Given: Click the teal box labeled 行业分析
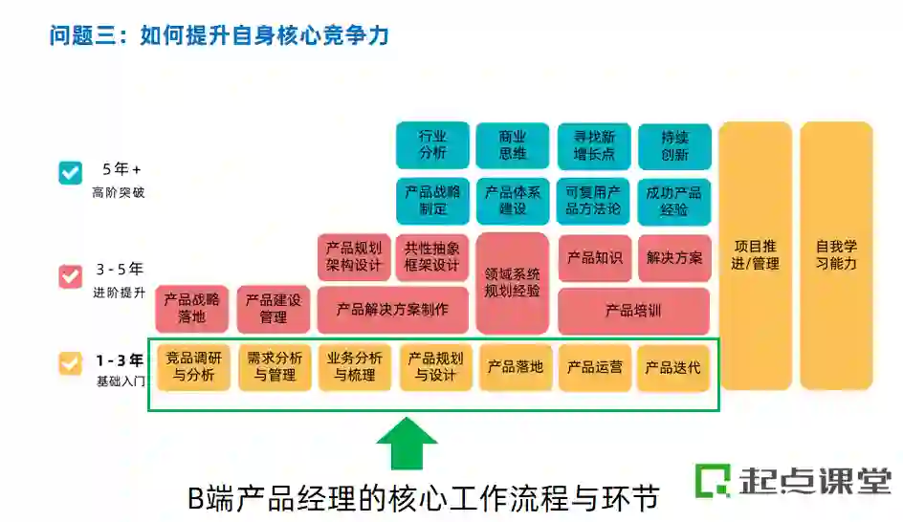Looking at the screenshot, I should click(432, 145).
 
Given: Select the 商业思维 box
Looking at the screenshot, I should click(513, 145).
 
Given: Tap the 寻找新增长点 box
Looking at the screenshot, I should click(594, 145).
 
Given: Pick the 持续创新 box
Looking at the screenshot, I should click(674, 145).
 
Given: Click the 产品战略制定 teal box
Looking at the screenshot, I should click(432, 200).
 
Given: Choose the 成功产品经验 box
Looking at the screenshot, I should click(674, 200).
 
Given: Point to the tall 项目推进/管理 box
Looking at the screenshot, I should click(756, 255).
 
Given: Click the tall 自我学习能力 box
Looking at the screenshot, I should click(836, 255).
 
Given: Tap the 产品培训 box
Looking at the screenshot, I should click(633, 311).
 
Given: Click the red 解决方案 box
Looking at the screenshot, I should click(674, 258).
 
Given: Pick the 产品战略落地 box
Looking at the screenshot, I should click(192, 308).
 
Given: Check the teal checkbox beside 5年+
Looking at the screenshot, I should click(71, 173).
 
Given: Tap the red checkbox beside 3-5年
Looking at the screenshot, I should click(71, 277).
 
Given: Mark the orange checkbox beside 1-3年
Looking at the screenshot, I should click(71, 363).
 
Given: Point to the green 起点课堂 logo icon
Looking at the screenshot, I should click(712, 480).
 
